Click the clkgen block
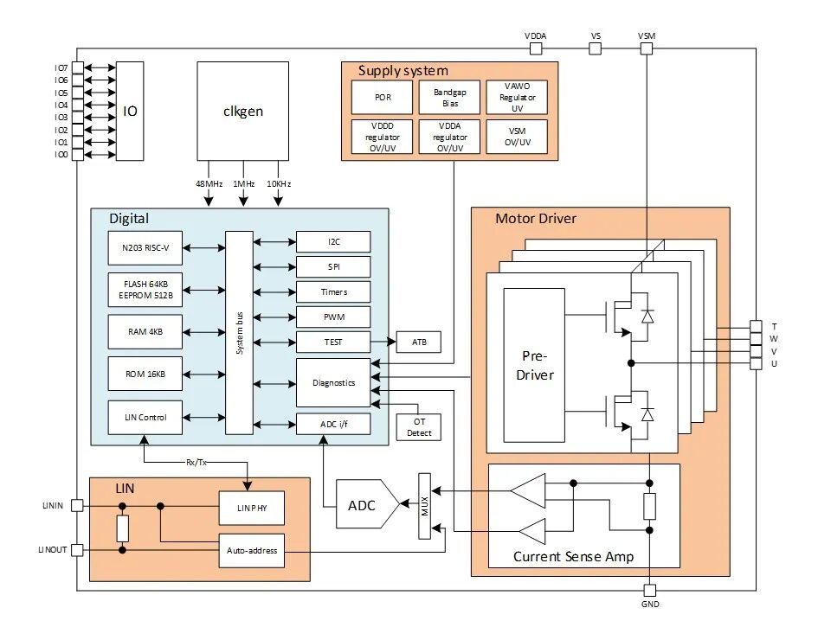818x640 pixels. pos(242,111)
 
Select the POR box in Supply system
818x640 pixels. pos(382,98)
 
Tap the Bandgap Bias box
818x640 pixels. pos(449,98)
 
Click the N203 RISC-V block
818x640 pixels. pos(145,248)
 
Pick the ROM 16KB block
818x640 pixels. pos(145,374)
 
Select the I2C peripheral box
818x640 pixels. pos(333,242)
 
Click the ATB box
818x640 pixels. pos(418,342)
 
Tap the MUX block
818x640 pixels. pos(424,506)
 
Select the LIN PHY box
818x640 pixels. pos(251,509)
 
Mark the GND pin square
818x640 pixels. pos(649,590)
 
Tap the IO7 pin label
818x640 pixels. pos(61,67)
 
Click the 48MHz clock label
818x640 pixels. pos(209,184)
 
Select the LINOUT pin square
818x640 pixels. pos(77,549)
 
